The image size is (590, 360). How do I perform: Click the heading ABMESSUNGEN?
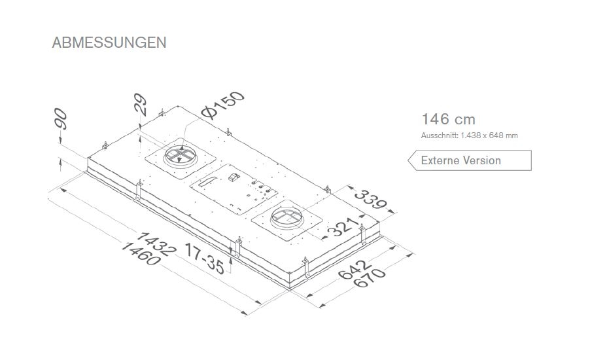(x=109, y=43)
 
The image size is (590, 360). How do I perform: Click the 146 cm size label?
(x=448, y=119)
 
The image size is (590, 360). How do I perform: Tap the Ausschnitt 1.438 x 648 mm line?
(x=469, y=135)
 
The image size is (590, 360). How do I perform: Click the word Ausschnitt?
(x=440, y=135)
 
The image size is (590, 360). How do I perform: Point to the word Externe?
(x=440, y=160)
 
